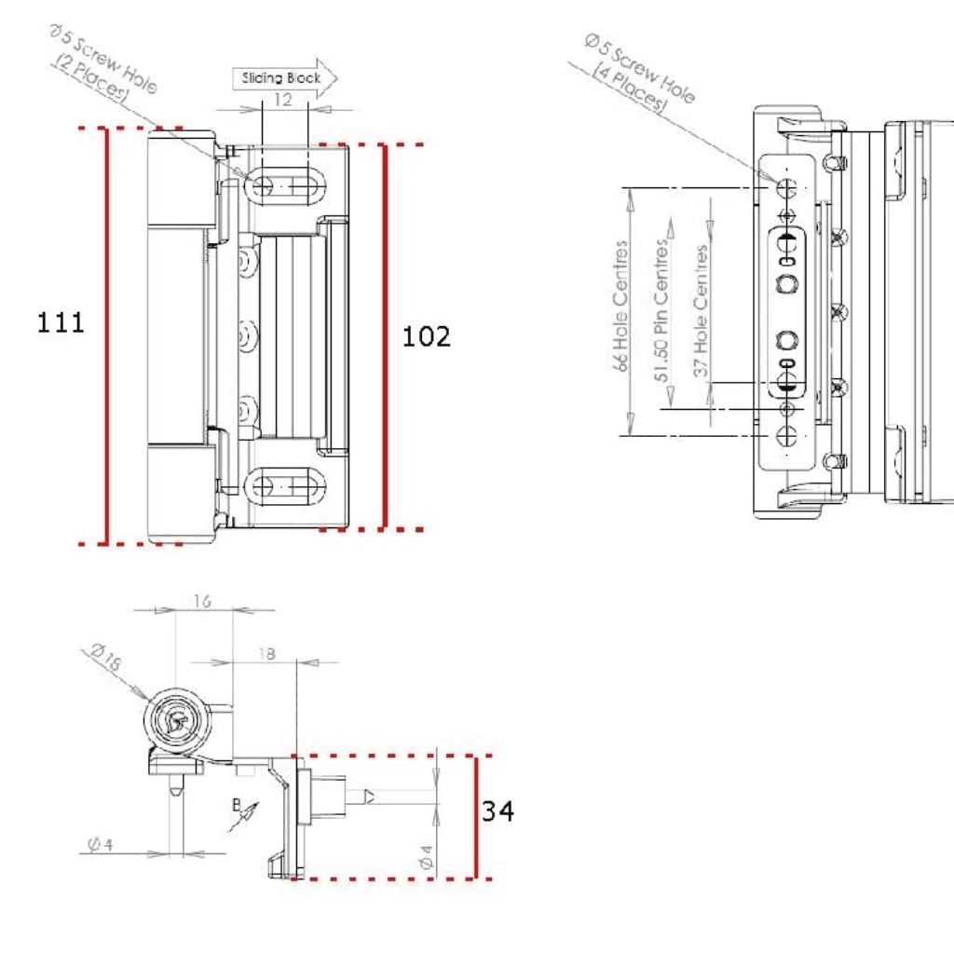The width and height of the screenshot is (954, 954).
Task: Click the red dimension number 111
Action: coord(61,323)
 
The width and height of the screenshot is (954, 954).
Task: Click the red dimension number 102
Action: coord(426,336)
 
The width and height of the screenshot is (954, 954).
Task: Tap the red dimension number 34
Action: coord(497,811)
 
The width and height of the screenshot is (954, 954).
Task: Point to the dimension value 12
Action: coord(283,99)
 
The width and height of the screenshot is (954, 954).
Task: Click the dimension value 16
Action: coord(201,602)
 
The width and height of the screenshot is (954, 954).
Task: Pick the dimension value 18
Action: coord(265,654)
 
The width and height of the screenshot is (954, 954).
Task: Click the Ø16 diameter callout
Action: coord(107,658)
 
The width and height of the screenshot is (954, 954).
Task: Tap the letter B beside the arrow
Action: coord(237,802)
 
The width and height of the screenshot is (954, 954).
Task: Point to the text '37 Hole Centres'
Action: coord(702,309)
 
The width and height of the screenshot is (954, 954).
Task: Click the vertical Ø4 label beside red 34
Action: coord(426,857)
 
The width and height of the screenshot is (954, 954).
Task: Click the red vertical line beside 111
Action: coord(107,335)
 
